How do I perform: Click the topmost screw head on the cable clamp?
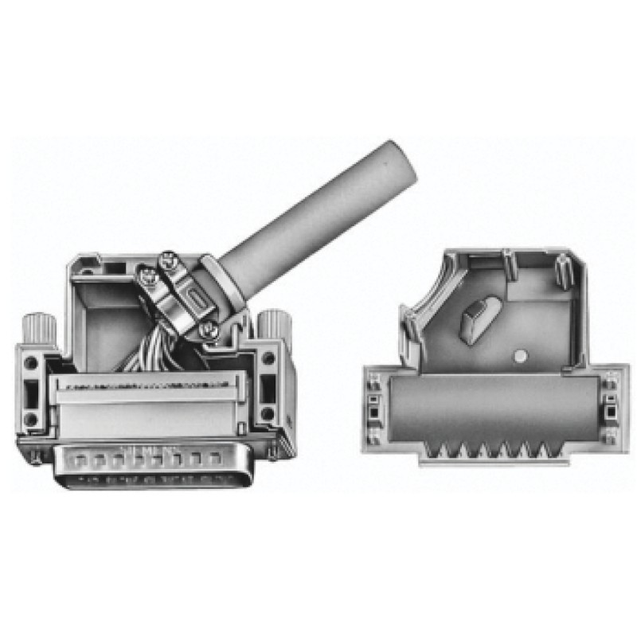click(169, 260)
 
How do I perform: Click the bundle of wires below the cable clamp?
click(151, 350)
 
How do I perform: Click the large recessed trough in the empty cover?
click(494, 410)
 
